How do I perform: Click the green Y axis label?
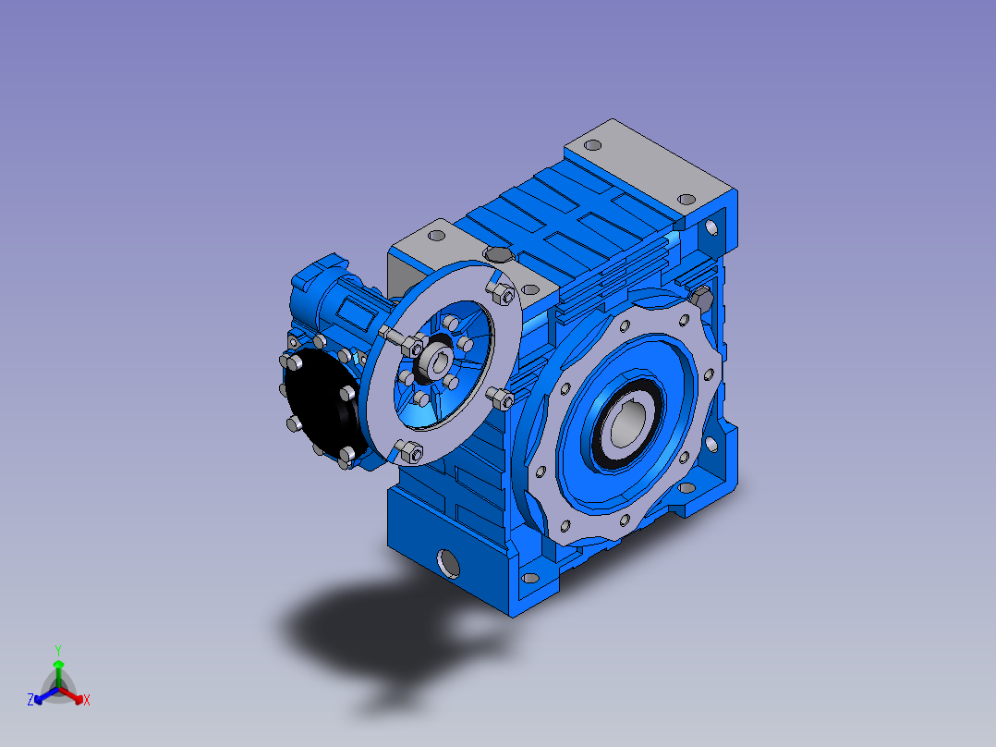58,650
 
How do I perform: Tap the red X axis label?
87,700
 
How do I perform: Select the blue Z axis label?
30,700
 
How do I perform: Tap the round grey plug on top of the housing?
499,254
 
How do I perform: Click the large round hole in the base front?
448,563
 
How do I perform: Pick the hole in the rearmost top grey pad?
592,145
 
